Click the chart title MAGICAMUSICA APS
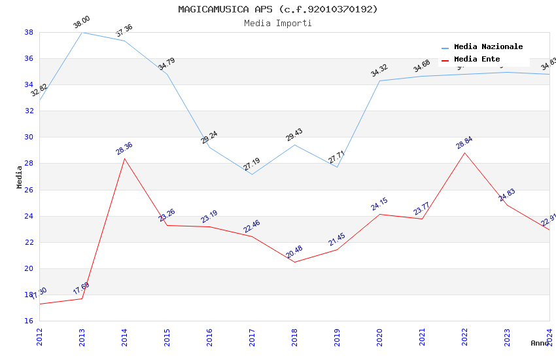point(277,9)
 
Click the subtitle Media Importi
point(277,24)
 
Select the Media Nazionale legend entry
point(488,47)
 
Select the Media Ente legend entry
point(477,60)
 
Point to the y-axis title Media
point(20,177)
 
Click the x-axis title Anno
point(540,343)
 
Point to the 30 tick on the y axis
point(29,137)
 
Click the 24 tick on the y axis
point(29,216)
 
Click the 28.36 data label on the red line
point(124,149)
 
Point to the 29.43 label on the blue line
point(294,135)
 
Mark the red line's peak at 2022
point(464,153)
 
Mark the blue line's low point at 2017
point(252,174)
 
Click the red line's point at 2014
point(124,158)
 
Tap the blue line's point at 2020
point(379,81)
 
